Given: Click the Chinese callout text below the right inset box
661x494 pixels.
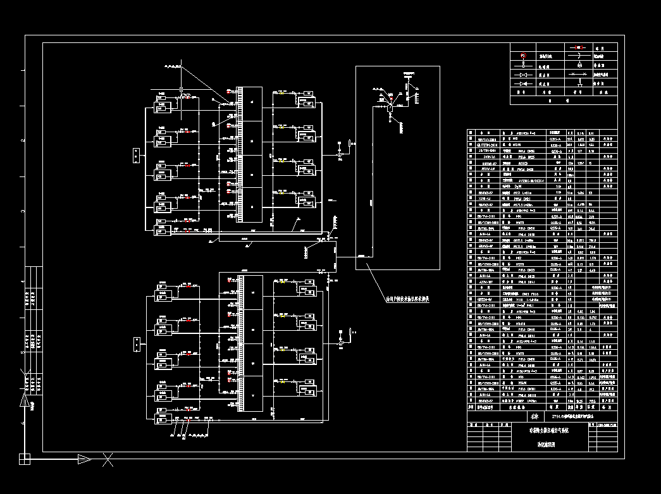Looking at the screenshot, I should pyautogui.click(x=408, y=299).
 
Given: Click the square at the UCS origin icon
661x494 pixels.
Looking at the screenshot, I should pyautogui.click(x=25, y=459).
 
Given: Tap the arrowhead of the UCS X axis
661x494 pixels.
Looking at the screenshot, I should pyautogui.click(x=85, y=459).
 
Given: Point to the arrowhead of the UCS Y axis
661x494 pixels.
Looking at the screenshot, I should pyautogui.click(x=25, y=400).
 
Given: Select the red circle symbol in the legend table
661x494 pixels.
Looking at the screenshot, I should pyautogui.click(x=523, y=56).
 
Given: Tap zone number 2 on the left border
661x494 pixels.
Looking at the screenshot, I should pyautogui.click(x=23, y=140).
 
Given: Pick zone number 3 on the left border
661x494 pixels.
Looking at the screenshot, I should pyautogui.click(x=23, y=211).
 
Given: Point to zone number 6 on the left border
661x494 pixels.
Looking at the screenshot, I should pyautogui.click(x=23, y=423).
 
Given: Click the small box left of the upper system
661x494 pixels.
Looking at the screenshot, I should pyautogui.click(x=137, y=155).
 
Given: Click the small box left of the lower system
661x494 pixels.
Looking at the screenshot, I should pyautogui.click(x=137, y=343).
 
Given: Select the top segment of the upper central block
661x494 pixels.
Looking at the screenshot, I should pyautogui.click(x=252, y=101).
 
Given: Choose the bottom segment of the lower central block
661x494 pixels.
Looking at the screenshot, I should pyautogui.click(x=252, y=395).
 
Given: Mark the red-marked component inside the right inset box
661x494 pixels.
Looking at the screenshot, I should pyautogui.click(x=390, y=99).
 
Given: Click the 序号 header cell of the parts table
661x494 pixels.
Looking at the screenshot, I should pyautogui.click(x=470, y=408).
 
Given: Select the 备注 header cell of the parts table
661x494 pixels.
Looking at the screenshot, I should pyautogui.click(x=607, y=408).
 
